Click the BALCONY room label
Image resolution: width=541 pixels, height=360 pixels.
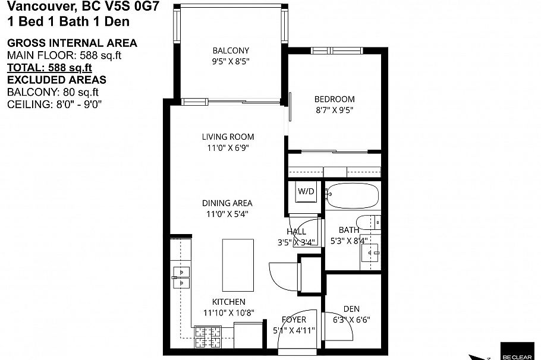[x=231, y=50]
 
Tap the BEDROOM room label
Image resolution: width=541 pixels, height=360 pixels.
[x=334, y=99]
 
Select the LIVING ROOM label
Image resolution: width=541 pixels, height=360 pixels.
[x=228, y=137]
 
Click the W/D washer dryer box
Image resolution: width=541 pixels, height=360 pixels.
[x=306, y=192]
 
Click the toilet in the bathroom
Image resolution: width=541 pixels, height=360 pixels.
[x=372, y=221]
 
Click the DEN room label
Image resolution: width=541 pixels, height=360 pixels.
[x=351, y=308]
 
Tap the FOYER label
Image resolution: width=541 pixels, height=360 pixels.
[x=294, y=320]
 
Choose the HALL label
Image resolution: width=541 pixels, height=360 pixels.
[x=296, y=232]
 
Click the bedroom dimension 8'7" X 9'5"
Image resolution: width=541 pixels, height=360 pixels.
[x=334, y=110]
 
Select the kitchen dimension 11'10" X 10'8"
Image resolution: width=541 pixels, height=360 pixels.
[x=229, y=312]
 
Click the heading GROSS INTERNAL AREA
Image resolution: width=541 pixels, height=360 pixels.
[x=71, y=43]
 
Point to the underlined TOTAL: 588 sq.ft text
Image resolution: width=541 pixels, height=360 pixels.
[x=49, y=68]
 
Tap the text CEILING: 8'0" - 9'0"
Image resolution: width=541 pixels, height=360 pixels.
[x=54, y=105]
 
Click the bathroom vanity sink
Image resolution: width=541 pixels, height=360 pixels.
[x=371, y=254]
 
